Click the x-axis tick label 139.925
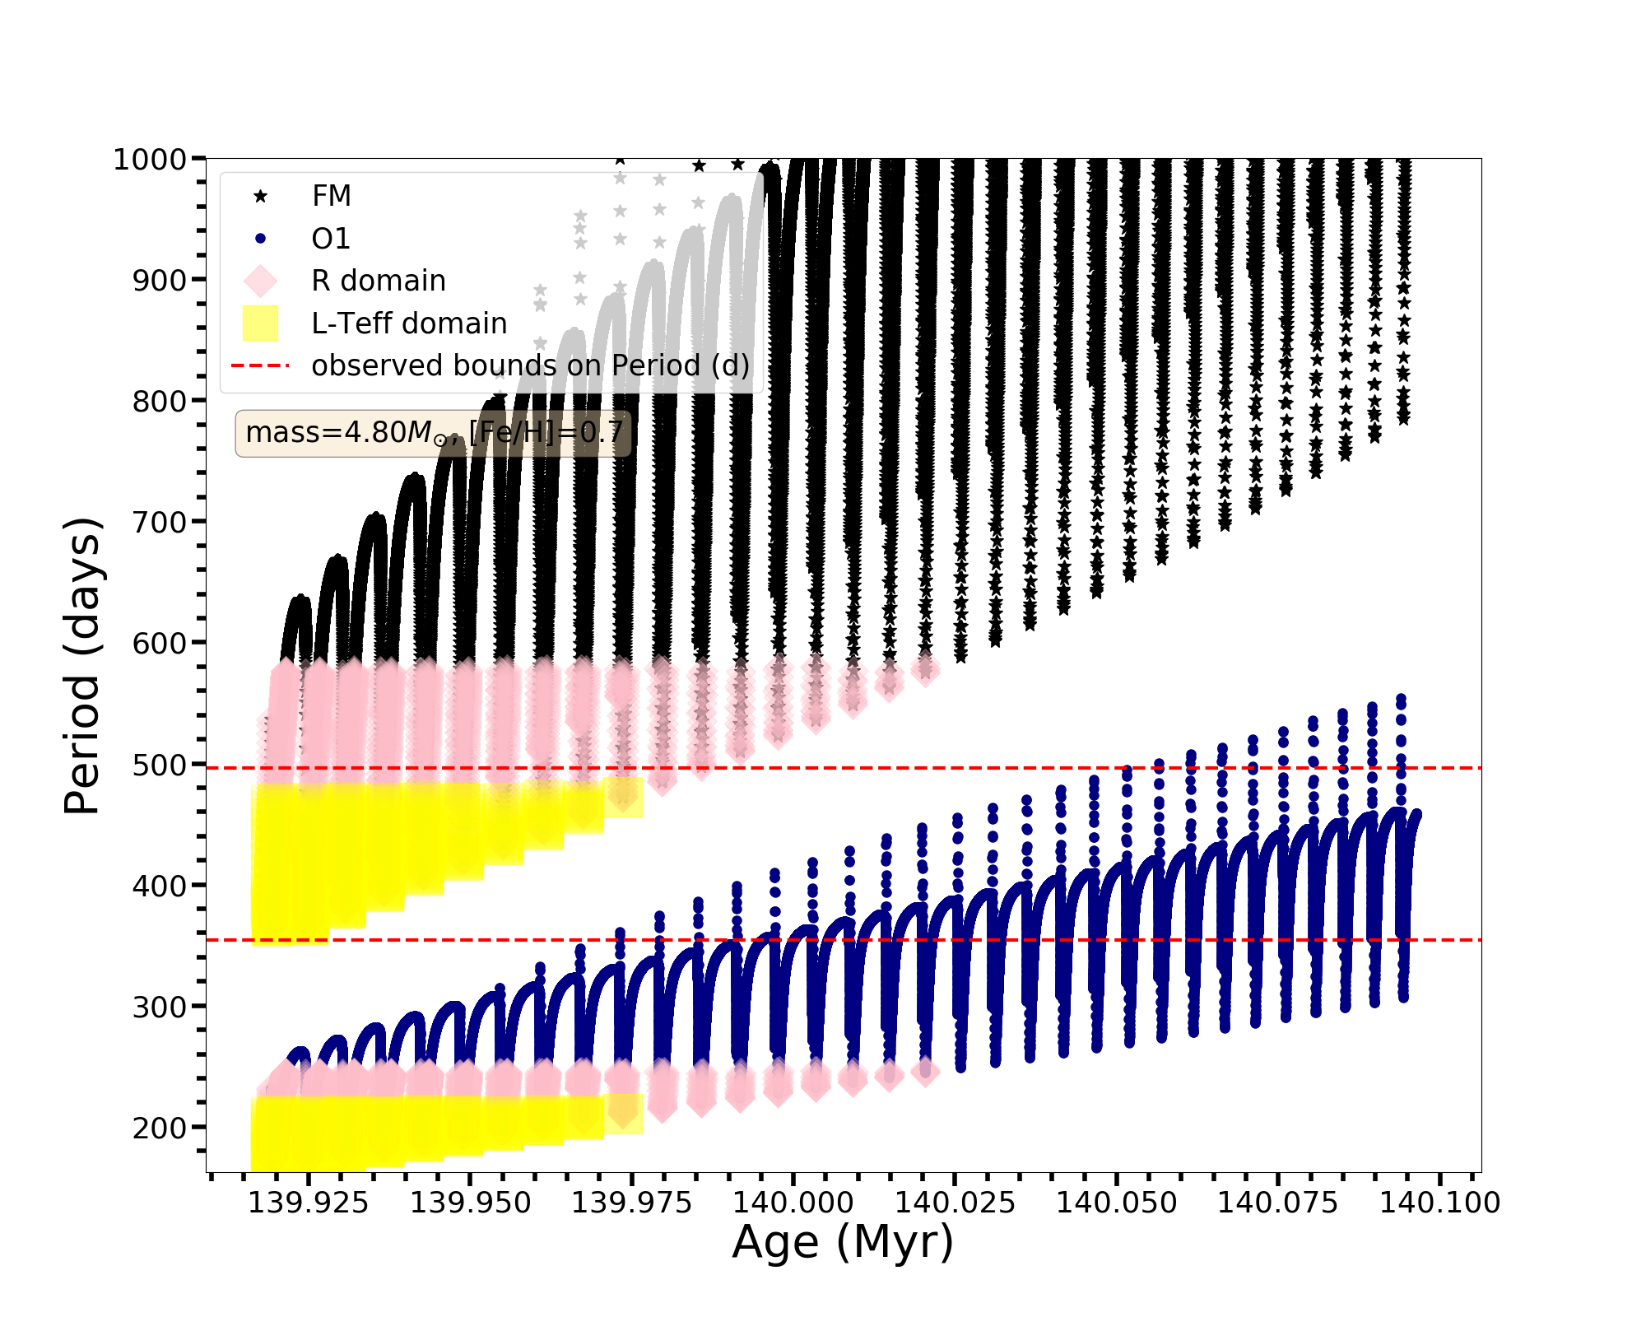309,1203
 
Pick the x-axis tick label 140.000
793,1203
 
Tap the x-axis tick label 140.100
1439,1203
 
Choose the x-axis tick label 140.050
1117,1203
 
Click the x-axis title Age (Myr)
843,1242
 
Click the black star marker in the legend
261,196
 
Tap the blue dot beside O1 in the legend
261,239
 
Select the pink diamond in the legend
261,281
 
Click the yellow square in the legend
261,323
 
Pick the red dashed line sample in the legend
261,365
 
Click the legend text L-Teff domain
409,323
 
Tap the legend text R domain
379,281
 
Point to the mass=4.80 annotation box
434,432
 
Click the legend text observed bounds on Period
531,365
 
